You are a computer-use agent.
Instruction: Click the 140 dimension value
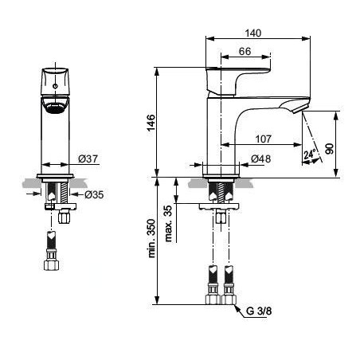(x=253, y=33)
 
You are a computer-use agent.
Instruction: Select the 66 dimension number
(x=245, y=51)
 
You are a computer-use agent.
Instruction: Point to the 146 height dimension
(x=151, y=123)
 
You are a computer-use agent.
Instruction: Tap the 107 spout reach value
(x=264, y=139)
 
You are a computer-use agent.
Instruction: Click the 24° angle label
(x=310, y=154)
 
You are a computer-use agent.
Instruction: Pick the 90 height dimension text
(x=329, y=149)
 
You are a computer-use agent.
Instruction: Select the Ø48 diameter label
(x=260, y=158)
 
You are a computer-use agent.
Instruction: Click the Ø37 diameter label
(x=88, y=158)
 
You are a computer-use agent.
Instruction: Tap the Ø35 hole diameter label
(x=94, y=194)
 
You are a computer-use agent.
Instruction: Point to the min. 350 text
(x=151, y=238)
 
